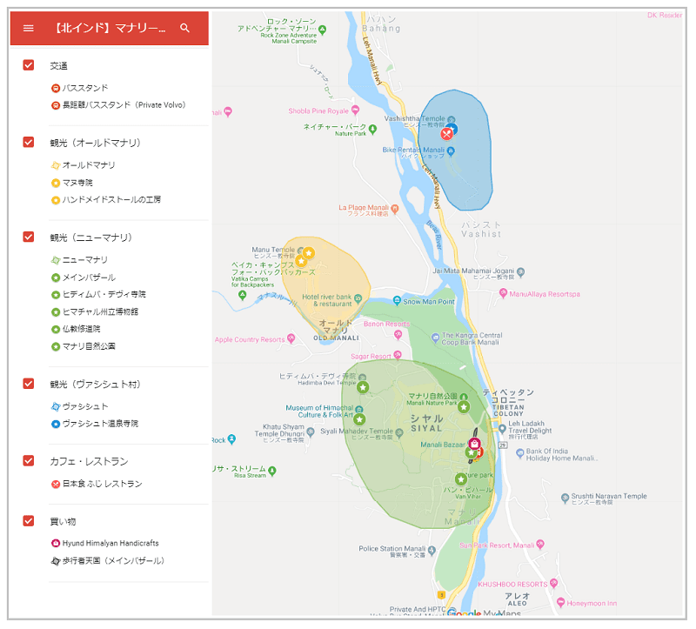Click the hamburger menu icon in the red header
coord(28,28)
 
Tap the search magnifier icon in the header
coord(184,28)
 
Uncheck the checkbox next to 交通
coord(29,65)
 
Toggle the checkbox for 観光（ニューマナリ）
coord(29,237)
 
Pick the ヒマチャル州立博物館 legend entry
coord(100,311)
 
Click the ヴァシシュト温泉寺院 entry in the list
coord(100,424)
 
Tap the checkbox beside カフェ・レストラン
coord(29,461)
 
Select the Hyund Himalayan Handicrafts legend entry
coord(110,544)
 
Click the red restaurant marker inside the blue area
coord(446,134)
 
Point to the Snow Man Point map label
coord(429,302)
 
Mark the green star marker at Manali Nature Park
coord(464,406)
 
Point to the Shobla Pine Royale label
coord(318,111)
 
